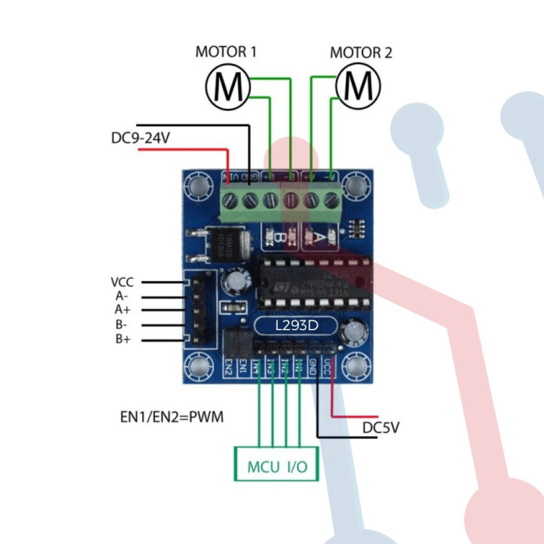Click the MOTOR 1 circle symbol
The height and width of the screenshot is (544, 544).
227,87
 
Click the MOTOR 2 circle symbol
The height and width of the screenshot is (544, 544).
357,87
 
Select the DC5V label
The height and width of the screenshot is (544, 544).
381,428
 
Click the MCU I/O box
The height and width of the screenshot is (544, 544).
277,466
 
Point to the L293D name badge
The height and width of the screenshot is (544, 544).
296,326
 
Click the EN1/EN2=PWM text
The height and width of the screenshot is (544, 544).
172,416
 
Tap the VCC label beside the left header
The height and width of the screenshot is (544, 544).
122,282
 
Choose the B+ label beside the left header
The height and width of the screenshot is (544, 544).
123,339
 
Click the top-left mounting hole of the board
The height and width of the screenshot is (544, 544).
199,185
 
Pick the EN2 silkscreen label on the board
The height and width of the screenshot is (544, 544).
228,368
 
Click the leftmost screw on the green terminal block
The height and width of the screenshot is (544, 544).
232,200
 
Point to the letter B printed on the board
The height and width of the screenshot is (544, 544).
279,238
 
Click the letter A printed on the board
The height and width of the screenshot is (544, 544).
318,238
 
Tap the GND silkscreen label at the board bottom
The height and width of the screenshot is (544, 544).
313,368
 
